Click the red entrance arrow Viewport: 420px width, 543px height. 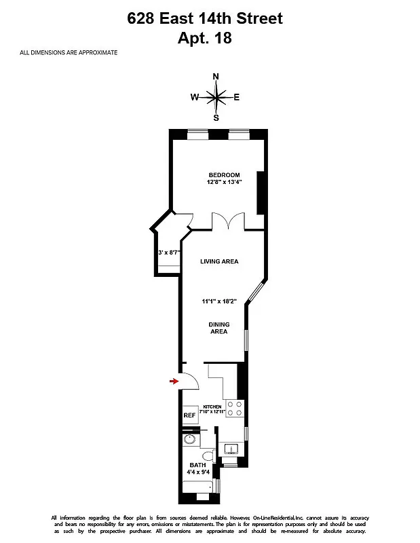coord(174,381)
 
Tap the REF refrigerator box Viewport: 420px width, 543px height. coord(189,415)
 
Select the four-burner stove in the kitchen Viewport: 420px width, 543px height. coord(234,408)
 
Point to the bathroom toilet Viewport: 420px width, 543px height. coord(208,455)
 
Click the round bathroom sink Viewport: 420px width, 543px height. coord(189,440)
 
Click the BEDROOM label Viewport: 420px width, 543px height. coord(224,175)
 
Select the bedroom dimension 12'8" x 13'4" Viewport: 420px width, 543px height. coord(225,183)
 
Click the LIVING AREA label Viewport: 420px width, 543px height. coord(218,261)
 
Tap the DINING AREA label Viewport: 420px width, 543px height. coord(218,328)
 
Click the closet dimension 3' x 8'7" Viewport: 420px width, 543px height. coord(169,252)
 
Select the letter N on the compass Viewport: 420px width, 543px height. coord(216,77)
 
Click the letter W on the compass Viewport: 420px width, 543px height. coord(194,97)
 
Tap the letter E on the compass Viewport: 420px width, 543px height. coord(237,97)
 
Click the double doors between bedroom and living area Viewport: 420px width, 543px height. coord(227,223)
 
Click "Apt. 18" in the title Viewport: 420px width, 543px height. coord(205,38)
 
